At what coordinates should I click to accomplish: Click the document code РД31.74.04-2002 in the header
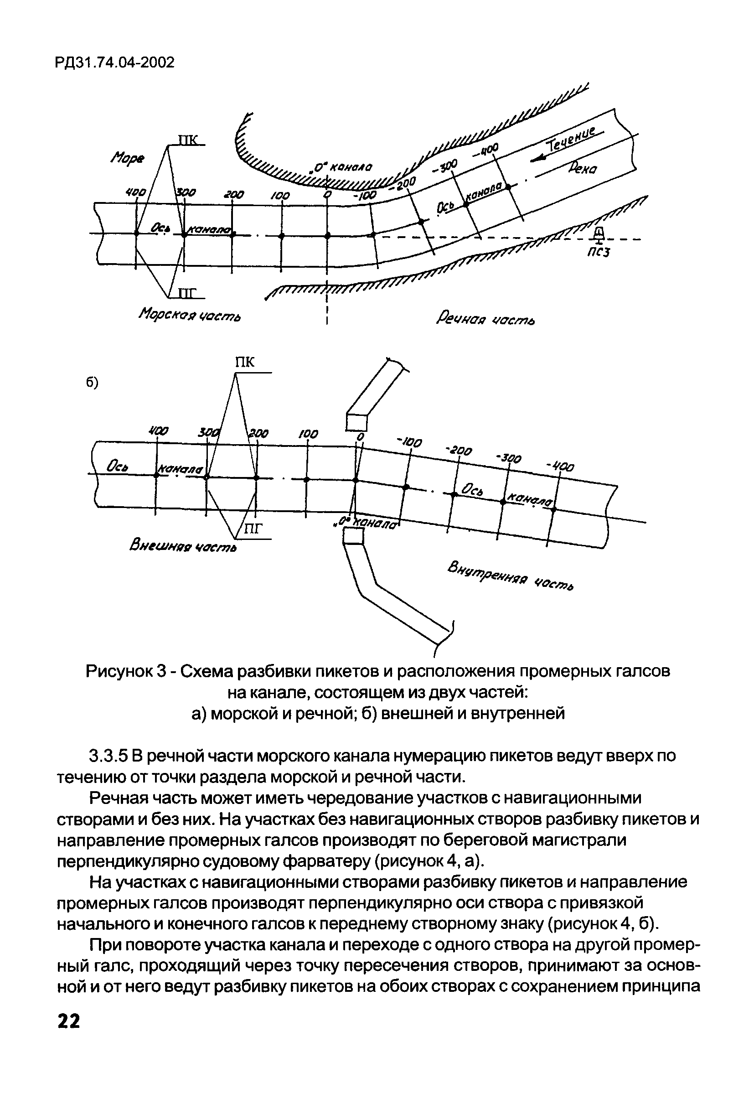115,62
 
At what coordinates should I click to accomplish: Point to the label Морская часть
190,315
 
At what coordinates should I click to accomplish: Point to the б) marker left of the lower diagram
92,384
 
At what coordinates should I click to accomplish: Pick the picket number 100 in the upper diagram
280,195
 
